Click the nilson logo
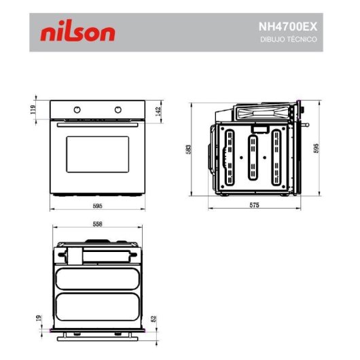coord(77,33)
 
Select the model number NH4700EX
coord(287,27)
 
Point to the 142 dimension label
coord(158,110)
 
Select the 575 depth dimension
coord(254,204)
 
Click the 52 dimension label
coord(154,318)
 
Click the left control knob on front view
coord(77,110)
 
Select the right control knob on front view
coord(119,110)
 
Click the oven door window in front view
coord(97,154)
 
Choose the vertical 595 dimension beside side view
coord(317,149)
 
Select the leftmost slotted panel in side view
coord(230,158)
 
